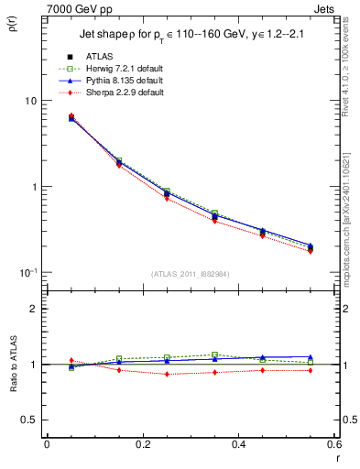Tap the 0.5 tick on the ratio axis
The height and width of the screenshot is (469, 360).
[30, 420]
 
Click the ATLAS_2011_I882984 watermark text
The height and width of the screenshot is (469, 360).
[191, 274]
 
